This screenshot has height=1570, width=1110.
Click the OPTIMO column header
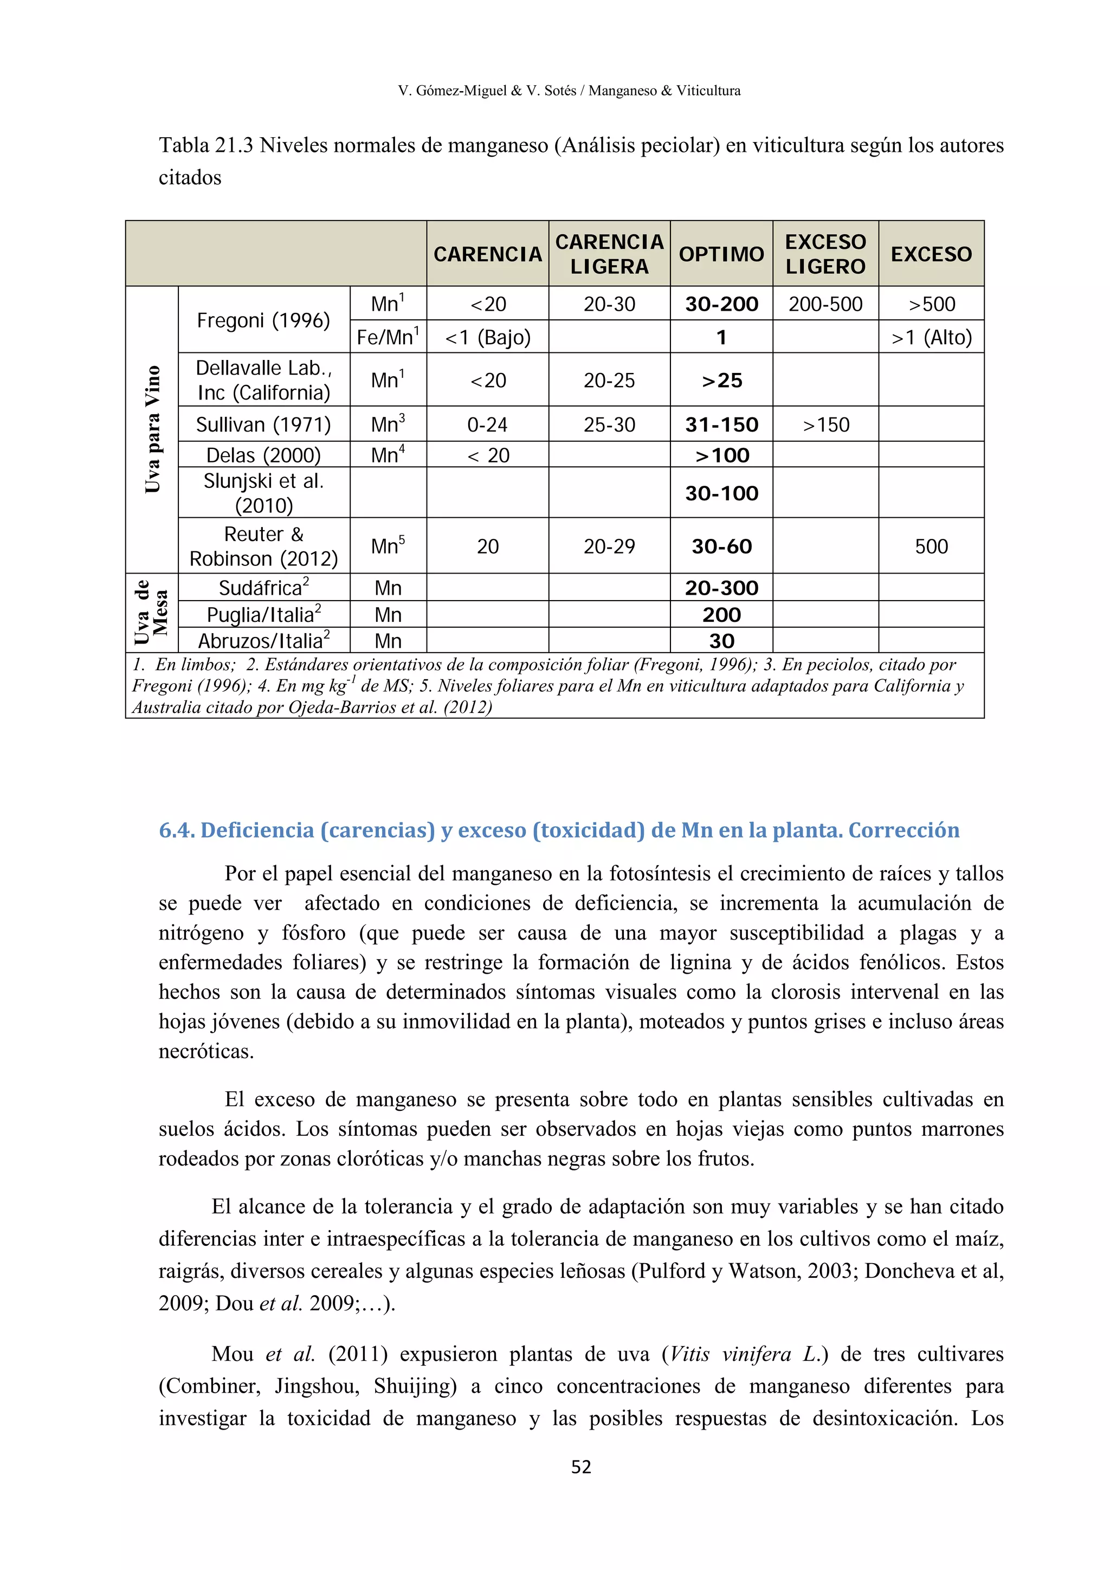(721, 254)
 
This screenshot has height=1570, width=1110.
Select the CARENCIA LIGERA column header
(609, 254)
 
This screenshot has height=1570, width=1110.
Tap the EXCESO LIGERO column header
(825, 254)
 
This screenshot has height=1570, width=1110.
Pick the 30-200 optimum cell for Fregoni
(721, 304)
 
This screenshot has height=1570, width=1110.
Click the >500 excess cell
(931, 304)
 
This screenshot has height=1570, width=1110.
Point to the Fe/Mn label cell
(388, 337)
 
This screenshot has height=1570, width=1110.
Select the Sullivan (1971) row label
(263, 424)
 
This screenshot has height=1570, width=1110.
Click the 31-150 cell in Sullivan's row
(721, 424)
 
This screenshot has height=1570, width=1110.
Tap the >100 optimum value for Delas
(721, 455)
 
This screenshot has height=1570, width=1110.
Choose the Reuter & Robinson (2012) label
(263, 546)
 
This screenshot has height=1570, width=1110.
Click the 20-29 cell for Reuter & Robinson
(609, 546)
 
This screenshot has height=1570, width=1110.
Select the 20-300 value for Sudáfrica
(721, 587)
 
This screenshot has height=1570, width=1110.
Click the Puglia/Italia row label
(263, 615)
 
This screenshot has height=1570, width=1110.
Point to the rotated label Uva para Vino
(152, 429)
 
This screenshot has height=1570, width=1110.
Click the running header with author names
(569, 90)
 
